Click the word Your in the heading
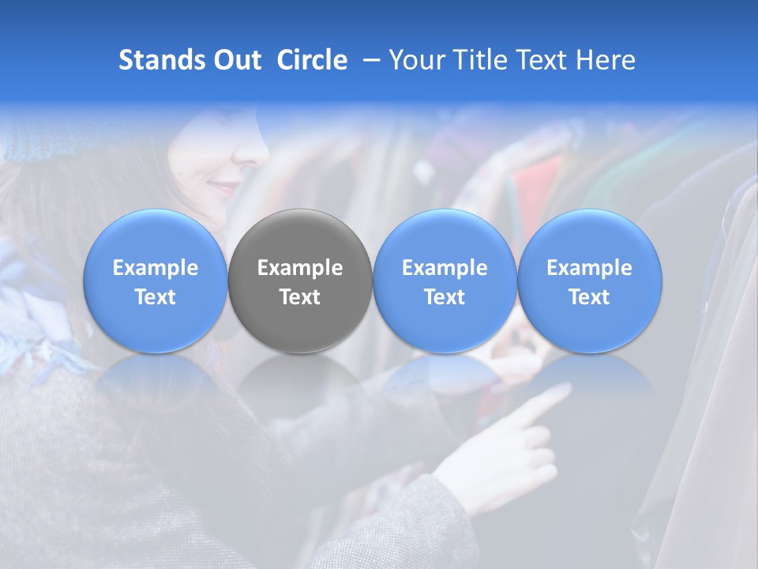click(415, 60)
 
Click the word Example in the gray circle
click(300, 268)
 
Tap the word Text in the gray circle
click(300, 297)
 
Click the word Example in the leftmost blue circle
click(156, 268)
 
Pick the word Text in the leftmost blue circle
click(156, 297)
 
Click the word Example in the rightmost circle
click(589, 268)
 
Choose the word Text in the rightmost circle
click(589, 297)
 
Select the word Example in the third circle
click(445, 268)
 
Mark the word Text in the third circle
click(445, 297)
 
